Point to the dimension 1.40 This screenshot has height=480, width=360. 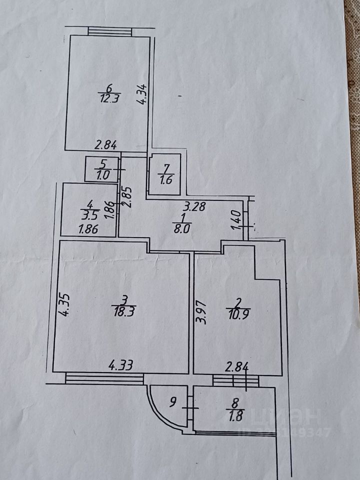pos(237,220)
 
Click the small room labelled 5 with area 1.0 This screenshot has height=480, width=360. pos(102,169)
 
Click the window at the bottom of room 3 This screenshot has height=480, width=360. pos(104,378)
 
